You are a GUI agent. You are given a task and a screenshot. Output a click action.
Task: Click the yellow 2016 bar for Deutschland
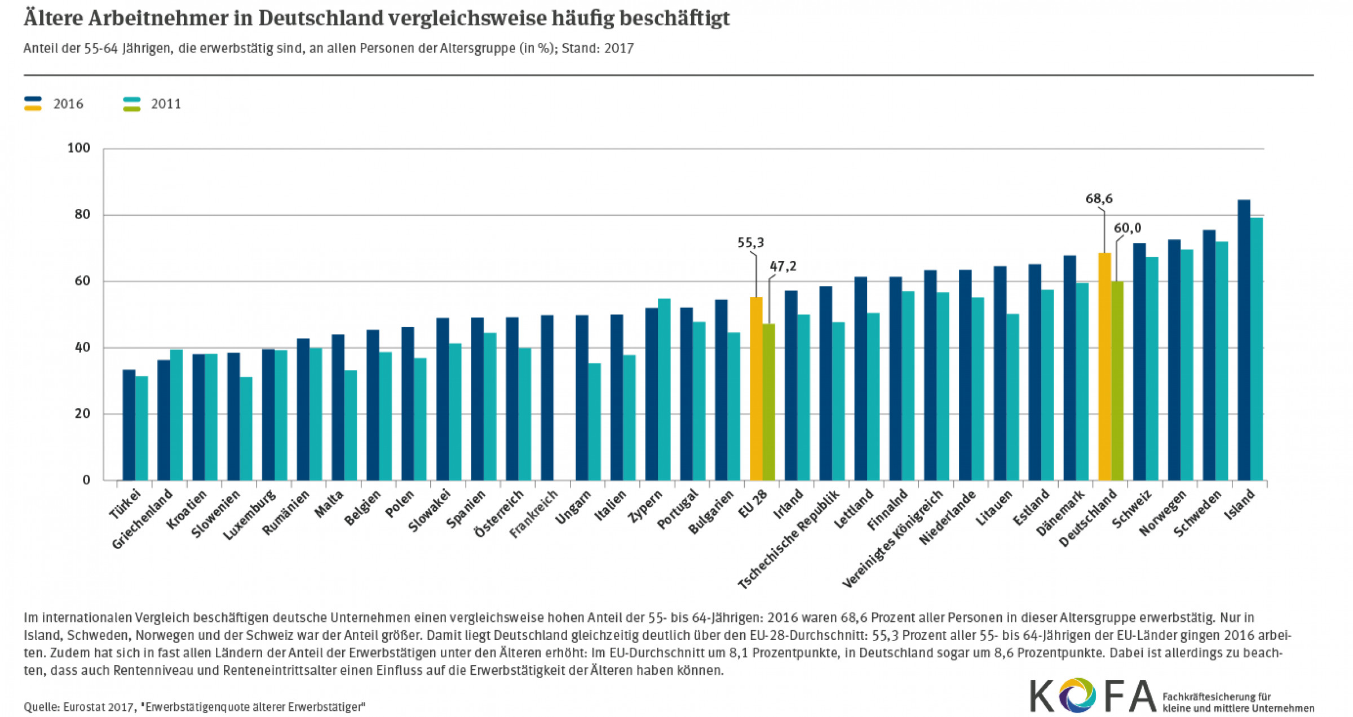tap(1104, 366)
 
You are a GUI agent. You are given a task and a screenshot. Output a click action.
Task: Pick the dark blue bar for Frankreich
tap(547, 397)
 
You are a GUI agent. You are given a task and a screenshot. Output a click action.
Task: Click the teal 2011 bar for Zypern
tap(664, 389)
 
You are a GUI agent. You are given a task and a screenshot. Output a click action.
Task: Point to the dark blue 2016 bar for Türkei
tap(129, 425)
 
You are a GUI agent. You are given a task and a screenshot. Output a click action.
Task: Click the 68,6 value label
tap(1099, 199)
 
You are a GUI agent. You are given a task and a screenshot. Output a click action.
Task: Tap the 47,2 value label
tap(783, 266)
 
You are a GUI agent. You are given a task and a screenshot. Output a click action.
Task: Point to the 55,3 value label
tap(750, 243)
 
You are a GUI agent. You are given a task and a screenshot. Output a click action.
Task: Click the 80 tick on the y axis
tap(82, 215)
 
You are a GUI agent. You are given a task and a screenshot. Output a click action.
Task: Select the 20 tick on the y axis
tap(82, 414)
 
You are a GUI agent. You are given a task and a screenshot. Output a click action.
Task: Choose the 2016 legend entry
tap(68, 104)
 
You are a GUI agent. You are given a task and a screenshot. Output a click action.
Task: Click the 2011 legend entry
tap(166, 104)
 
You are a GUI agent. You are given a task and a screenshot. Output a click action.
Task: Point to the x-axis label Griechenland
tap(142, 519)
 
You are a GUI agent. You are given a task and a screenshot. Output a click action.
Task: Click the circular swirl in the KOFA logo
tap(1077, 696)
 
